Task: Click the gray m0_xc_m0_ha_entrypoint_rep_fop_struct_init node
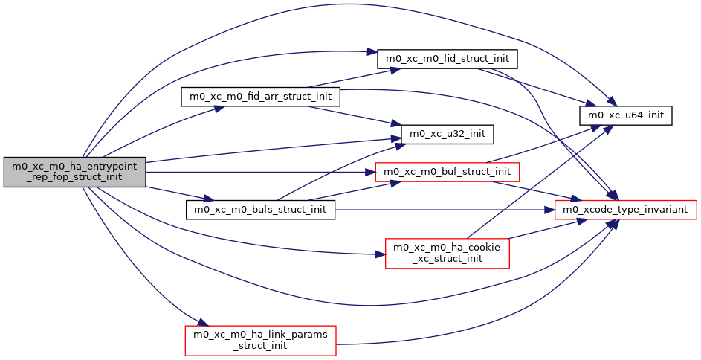tap(74, 173)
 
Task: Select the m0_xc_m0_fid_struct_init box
tap(448, 57)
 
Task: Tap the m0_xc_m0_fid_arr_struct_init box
tap(261, 97)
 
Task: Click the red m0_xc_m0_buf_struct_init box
tap(447, 172)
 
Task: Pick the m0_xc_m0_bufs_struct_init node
tap(260, 210)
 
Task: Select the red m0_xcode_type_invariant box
tap(626, 210)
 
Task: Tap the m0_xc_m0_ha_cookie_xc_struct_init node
tap(447, 253)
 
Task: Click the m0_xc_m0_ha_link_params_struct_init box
tap(261, 340)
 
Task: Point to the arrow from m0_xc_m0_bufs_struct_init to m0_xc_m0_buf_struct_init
tap(349, 191)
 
